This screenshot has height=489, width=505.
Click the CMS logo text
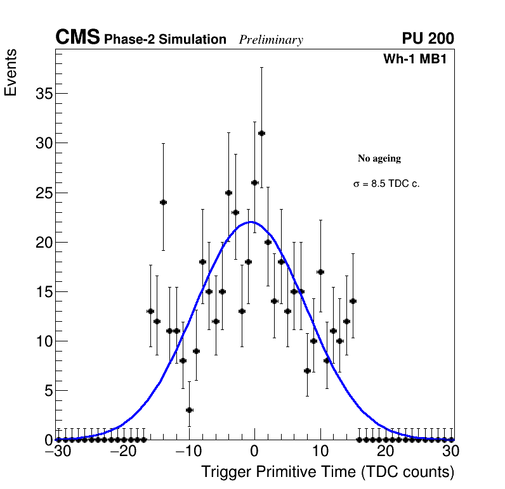77,39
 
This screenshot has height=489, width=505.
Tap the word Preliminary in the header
271,40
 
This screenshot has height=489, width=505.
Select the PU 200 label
428,39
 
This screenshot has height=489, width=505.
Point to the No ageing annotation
379,158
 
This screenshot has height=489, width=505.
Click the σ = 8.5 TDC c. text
386,184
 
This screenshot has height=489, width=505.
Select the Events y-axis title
11,72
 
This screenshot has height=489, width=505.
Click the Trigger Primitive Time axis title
328,472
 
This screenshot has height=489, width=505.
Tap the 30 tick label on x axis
450,452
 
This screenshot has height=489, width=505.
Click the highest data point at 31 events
261,133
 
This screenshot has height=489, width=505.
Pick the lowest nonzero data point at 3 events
189,410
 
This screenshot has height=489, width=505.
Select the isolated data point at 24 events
163,202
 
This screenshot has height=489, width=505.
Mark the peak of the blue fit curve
251,222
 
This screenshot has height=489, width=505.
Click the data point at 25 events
228,193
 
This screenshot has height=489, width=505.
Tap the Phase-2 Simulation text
165,40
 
